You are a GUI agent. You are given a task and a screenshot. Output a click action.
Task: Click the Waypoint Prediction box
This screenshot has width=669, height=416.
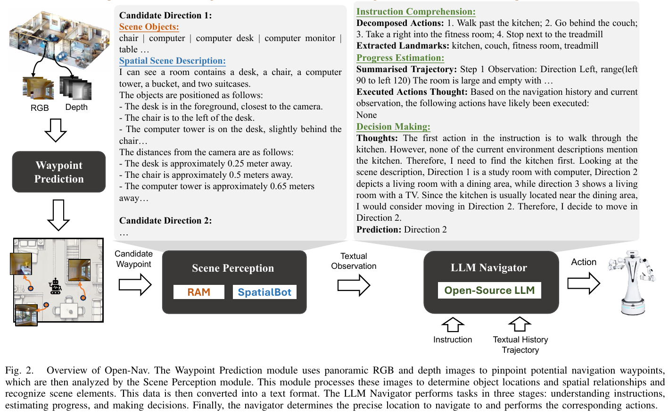(59, 172)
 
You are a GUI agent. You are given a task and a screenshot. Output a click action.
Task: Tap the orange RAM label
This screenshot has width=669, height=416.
(198, 292)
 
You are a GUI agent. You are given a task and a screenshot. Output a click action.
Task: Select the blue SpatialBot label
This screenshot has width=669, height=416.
(264, 292)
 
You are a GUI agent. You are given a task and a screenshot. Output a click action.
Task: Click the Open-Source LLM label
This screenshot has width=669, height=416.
(489, 291)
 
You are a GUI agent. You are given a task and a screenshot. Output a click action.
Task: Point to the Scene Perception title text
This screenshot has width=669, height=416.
(233, 268)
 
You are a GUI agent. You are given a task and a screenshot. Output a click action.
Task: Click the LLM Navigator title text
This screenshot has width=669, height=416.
(489, 268)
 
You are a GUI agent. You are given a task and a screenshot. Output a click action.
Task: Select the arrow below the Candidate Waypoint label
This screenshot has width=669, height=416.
(135, 284)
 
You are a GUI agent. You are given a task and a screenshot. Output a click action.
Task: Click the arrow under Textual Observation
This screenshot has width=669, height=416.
(354, 285)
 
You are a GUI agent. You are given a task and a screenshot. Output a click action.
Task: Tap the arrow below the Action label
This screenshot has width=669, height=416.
(584, 283)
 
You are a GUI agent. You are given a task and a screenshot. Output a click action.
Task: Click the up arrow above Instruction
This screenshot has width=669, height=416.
(453, 324)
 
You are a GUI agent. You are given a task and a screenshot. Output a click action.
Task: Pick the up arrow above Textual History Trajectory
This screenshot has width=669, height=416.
(520, 324)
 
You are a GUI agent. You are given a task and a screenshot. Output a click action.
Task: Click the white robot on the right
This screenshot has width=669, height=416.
(632, 283)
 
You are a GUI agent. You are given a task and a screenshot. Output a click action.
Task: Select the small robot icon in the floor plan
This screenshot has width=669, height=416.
(56, 286)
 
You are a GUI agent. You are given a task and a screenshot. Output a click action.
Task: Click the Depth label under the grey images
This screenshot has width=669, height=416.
(76, 107)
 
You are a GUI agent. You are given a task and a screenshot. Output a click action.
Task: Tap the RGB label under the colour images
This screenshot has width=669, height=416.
(40, 108)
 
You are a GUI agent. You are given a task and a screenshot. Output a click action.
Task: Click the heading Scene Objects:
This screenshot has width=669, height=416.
(149, 27)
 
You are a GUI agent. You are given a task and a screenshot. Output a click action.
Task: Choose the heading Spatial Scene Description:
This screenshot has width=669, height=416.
(173, 61)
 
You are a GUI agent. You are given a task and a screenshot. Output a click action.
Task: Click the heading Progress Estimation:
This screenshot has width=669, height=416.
(400, 58)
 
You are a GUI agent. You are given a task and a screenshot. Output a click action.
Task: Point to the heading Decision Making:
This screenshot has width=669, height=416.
(393, 127)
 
